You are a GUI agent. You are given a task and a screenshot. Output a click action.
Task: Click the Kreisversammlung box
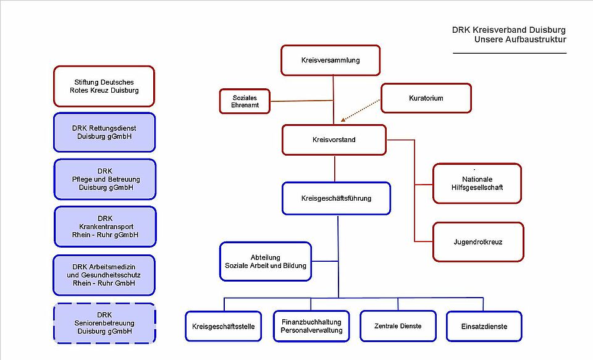tap(330, 61)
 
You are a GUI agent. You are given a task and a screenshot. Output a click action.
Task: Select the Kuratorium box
tap(426, 98)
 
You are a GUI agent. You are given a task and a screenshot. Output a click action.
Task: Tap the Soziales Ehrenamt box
tap(245, 102)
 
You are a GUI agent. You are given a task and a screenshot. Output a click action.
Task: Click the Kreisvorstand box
tap(334, 140)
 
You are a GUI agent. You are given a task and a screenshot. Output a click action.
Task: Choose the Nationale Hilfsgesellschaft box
tap(477, 183)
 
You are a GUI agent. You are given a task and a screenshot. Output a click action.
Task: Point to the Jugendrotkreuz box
tap(478, 242)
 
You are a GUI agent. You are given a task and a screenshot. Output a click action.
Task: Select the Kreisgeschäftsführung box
tap(337, 198)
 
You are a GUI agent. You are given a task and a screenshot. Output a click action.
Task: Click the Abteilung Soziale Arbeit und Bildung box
tap(266, 261)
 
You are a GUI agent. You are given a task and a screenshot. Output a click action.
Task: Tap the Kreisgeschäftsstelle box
tap(224, 326)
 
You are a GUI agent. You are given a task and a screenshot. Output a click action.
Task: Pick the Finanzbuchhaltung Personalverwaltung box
tap(311, 326)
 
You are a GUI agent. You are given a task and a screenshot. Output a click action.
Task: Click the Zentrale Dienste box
tap(398, 326)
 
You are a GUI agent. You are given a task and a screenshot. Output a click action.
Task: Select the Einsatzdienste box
tap(484, 326)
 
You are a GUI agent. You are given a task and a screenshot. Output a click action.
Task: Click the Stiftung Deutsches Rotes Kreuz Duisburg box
tap(104, 86)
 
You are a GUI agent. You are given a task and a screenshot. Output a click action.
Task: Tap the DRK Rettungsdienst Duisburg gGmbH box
tap(104, 133)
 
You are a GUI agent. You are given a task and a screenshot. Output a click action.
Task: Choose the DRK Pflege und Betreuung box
tap(104, 179)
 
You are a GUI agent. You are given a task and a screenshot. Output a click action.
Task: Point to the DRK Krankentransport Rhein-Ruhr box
tap(104, 227)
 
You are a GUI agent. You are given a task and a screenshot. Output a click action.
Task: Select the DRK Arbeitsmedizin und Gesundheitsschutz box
tap(104, 275)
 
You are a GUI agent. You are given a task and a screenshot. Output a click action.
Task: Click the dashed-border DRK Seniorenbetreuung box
tap(104, 323)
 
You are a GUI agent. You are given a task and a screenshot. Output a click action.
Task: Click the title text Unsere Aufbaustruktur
tap(520, 40)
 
